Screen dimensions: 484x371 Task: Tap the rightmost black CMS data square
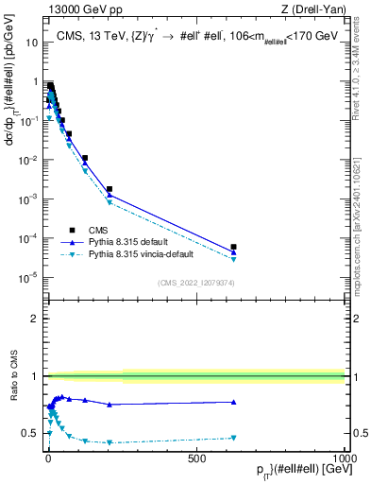tap(233, 247)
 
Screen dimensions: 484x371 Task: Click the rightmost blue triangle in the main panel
tap(233, 252)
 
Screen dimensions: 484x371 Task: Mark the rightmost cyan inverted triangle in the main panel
tap(233, 259)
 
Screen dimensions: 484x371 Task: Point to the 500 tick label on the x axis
tap(196, 458)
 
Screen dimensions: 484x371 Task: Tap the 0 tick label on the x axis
tap(48, 458)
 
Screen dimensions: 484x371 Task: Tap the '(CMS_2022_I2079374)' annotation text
tap(195, 282)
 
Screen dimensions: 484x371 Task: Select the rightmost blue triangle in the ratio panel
tap(233, 402)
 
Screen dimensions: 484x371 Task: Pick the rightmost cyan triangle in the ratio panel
tap(233, 438)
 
